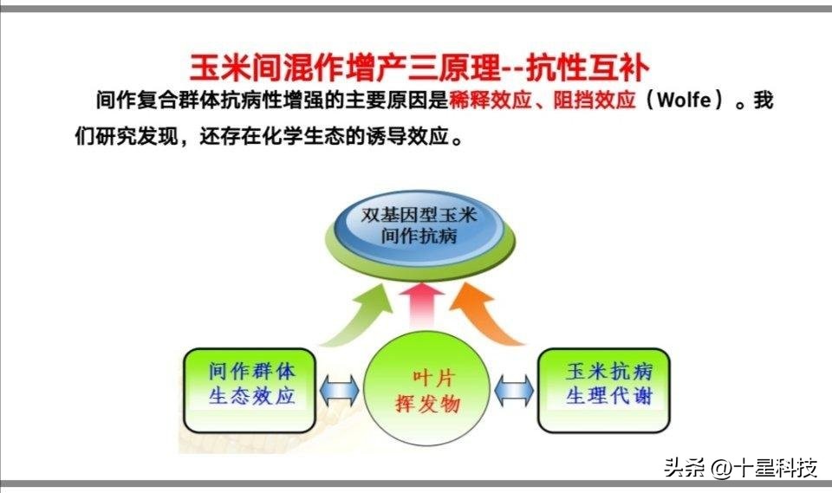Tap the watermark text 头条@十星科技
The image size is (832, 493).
point(741,469)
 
